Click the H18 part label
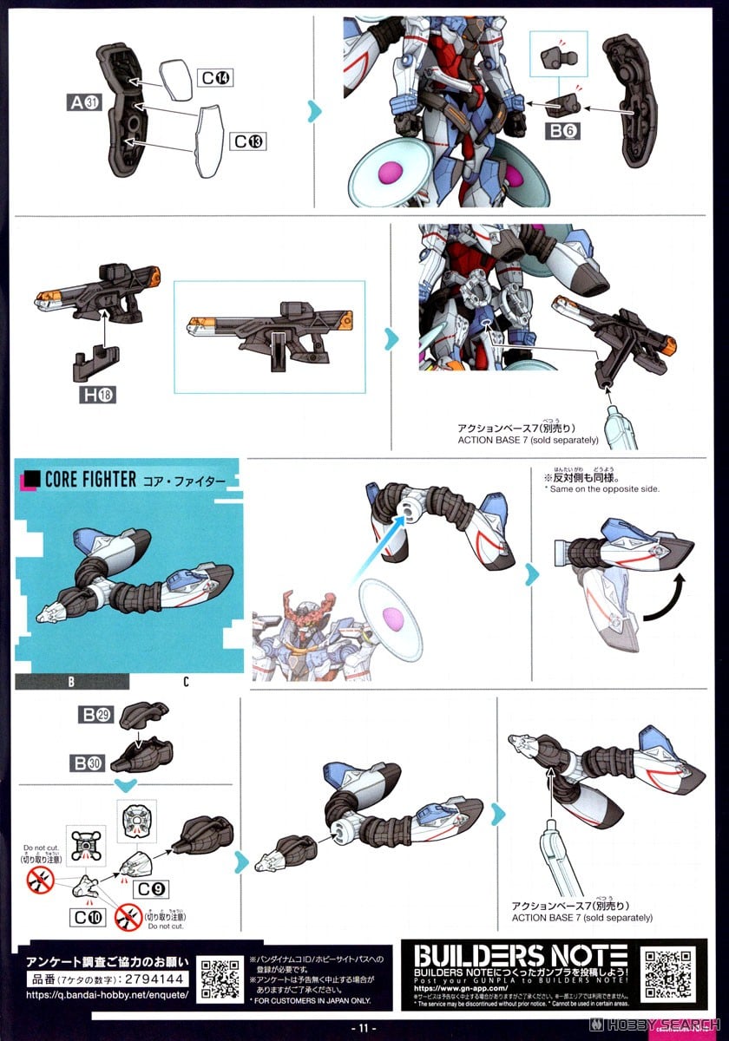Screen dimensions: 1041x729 (96, 395)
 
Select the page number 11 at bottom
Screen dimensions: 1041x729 (364, 1029)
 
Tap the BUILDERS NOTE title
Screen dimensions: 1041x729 (520, 955)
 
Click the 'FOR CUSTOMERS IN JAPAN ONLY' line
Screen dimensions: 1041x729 (310, 1000)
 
